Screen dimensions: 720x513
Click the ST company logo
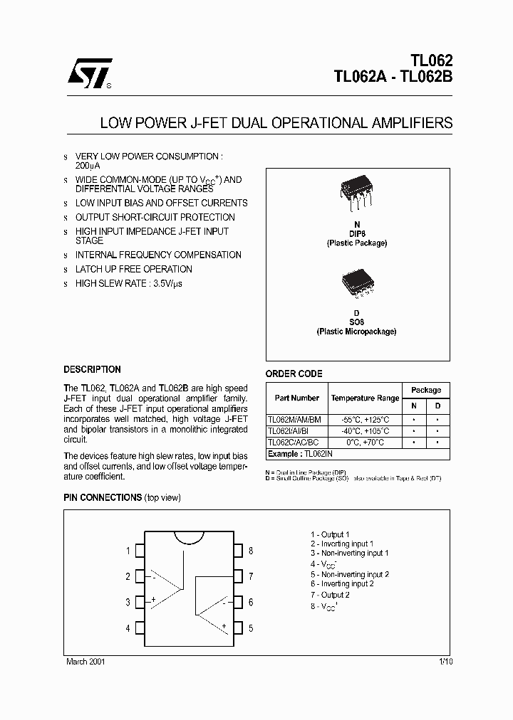pyautogui.click(x=85, y=73)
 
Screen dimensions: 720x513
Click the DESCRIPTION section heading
pyautogui.click(x=92, y=370)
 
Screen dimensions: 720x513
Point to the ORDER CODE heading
pyautogui.click(x=294, y=374)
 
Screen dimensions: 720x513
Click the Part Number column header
pyautogui.click(x=296, y=398)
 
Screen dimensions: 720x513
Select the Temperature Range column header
pyautogui.click(x=365, y=398)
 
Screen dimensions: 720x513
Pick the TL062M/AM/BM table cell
pyautogui.click(x=294, y=420)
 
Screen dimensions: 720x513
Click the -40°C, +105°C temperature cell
pyautogui.click(x=365, y=431)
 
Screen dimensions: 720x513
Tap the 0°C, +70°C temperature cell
pyautogui.click(x=365, y=442)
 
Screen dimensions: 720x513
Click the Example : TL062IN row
pyautogui.click(x=296, y=453)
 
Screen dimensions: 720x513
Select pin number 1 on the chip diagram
pyautogui.click(x=128, y=551)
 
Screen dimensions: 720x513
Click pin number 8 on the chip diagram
pyautogui.click(x=251, y=551)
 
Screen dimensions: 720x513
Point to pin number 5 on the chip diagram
pyautogui.click(x=251, y=628)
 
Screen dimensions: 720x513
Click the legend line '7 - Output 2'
pyautogui.click(x=330, y=595)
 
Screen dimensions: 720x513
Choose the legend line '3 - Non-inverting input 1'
pyautogui.click(x=349, y=554)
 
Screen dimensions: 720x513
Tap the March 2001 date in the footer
pyautogui.click(x=85, y=662)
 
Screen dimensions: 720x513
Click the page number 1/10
pyautogui.click(x=446, y=662)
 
